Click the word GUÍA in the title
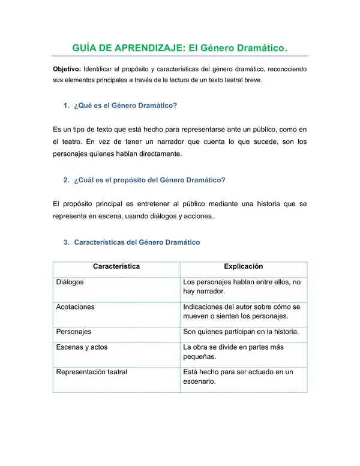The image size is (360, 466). (x=85, y=47)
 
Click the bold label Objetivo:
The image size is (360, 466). (x=67, y=69)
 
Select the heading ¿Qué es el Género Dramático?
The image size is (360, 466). (x=125, y=106)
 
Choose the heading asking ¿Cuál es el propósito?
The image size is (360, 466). (x=149, y=180)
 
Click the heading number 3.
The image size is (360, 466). (x=66, y=242)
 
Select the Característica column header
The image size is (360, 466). (x=116, y=267)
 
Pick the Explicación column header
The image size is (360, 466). (x=244, y=267)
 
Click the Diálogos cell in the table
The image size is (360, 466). (x=70, y=282)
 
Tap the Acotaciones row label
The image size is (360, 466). (x=75, y=307)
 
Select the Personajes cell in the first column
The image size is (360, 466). (x=73, y=332)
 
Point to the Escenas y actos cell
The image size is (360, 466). (x=82, y=347)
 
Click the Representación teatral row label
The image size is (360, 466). (x=91, y=372)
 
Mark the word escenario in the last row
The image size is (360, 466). (x=199, y=381)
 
